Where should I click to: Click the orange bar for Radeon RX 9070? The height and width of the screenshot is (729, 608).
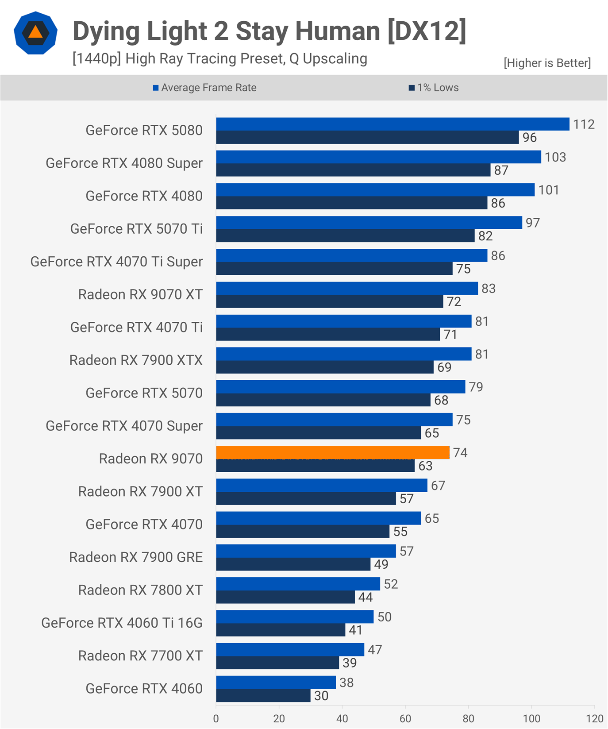tap(333, 452)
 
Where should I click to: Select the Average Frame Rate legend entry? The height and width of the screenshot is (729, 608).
tap(204, 88)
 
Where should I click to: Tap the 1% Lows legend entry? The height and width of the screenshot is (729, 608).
tap(434, 88)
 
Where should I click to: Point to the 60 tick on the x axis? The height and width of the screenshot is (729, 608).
tap(405, 718)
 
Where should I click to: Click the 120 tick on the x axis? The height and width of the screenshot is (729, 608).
tap(595, 718)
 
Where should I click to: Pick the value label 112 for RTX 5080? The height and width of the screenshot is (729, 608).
tap(584, 124)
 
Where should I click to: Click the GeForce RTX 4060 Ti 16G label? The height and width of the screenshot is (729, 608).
tap(122, 623)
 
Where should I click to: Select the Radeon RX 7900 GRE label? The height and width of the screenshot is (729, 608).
tap(136, 557)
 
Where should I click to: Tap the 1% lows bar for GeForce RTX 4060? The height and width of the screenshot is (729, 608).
tap(263, 695)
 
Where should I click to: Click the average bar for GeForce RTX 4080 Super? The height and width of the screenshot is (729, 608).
tap(378, 157)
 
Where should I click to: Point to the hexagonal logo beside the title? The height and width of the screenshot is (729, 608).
tap(35, 33)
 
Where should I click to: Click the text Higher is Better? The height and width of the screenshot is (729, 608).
tap(547, 63)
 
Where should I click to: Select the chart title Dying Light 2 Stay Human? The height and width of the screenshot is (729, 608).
tap(269, 31)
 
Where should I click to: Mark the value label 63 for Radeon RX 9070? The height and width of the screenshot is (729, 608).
tap(425, 466)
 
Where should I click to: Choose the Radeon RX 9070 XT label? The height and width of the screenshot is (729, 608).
tap(140, 294)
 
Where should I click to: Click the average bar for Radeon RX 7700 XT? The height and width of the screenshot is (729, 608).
tap(290, 649)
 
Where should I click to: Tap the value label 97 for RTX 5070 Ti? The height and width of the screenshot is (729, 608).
tap(533, 223)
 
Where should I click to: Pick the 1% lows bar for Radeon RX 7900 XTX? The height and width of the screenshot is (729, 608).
tap(325, 367)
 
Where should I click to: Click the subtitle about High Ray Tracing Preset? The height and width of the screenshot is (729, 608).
tap(219, 58)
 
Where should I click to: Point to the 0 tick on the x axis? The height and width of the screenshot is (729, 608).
tap(216, 718)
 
